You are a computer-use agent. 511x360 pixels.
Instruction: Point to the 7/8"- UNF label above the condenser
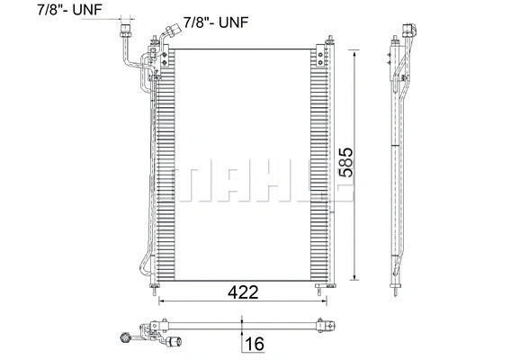(218, 21)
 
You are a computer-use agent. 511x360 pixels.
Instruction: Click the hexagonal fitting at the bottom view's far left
(124, 338)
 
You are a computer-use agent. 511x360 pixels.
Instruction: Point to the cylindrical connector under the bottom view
(173, 341)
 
